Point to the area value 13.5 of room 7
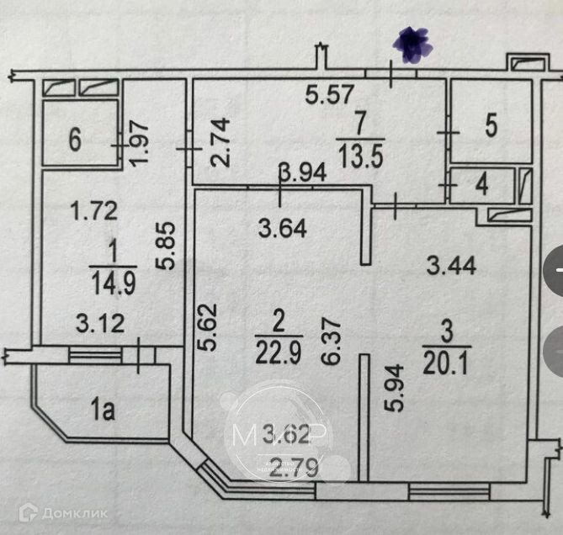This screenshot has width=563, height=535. [360, 156]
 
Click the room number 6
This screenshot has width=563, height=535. [76, 140]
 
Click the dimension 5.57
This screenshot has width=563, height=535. [329, 96]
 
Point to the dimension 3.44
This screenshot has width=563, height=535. [451, 267]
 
